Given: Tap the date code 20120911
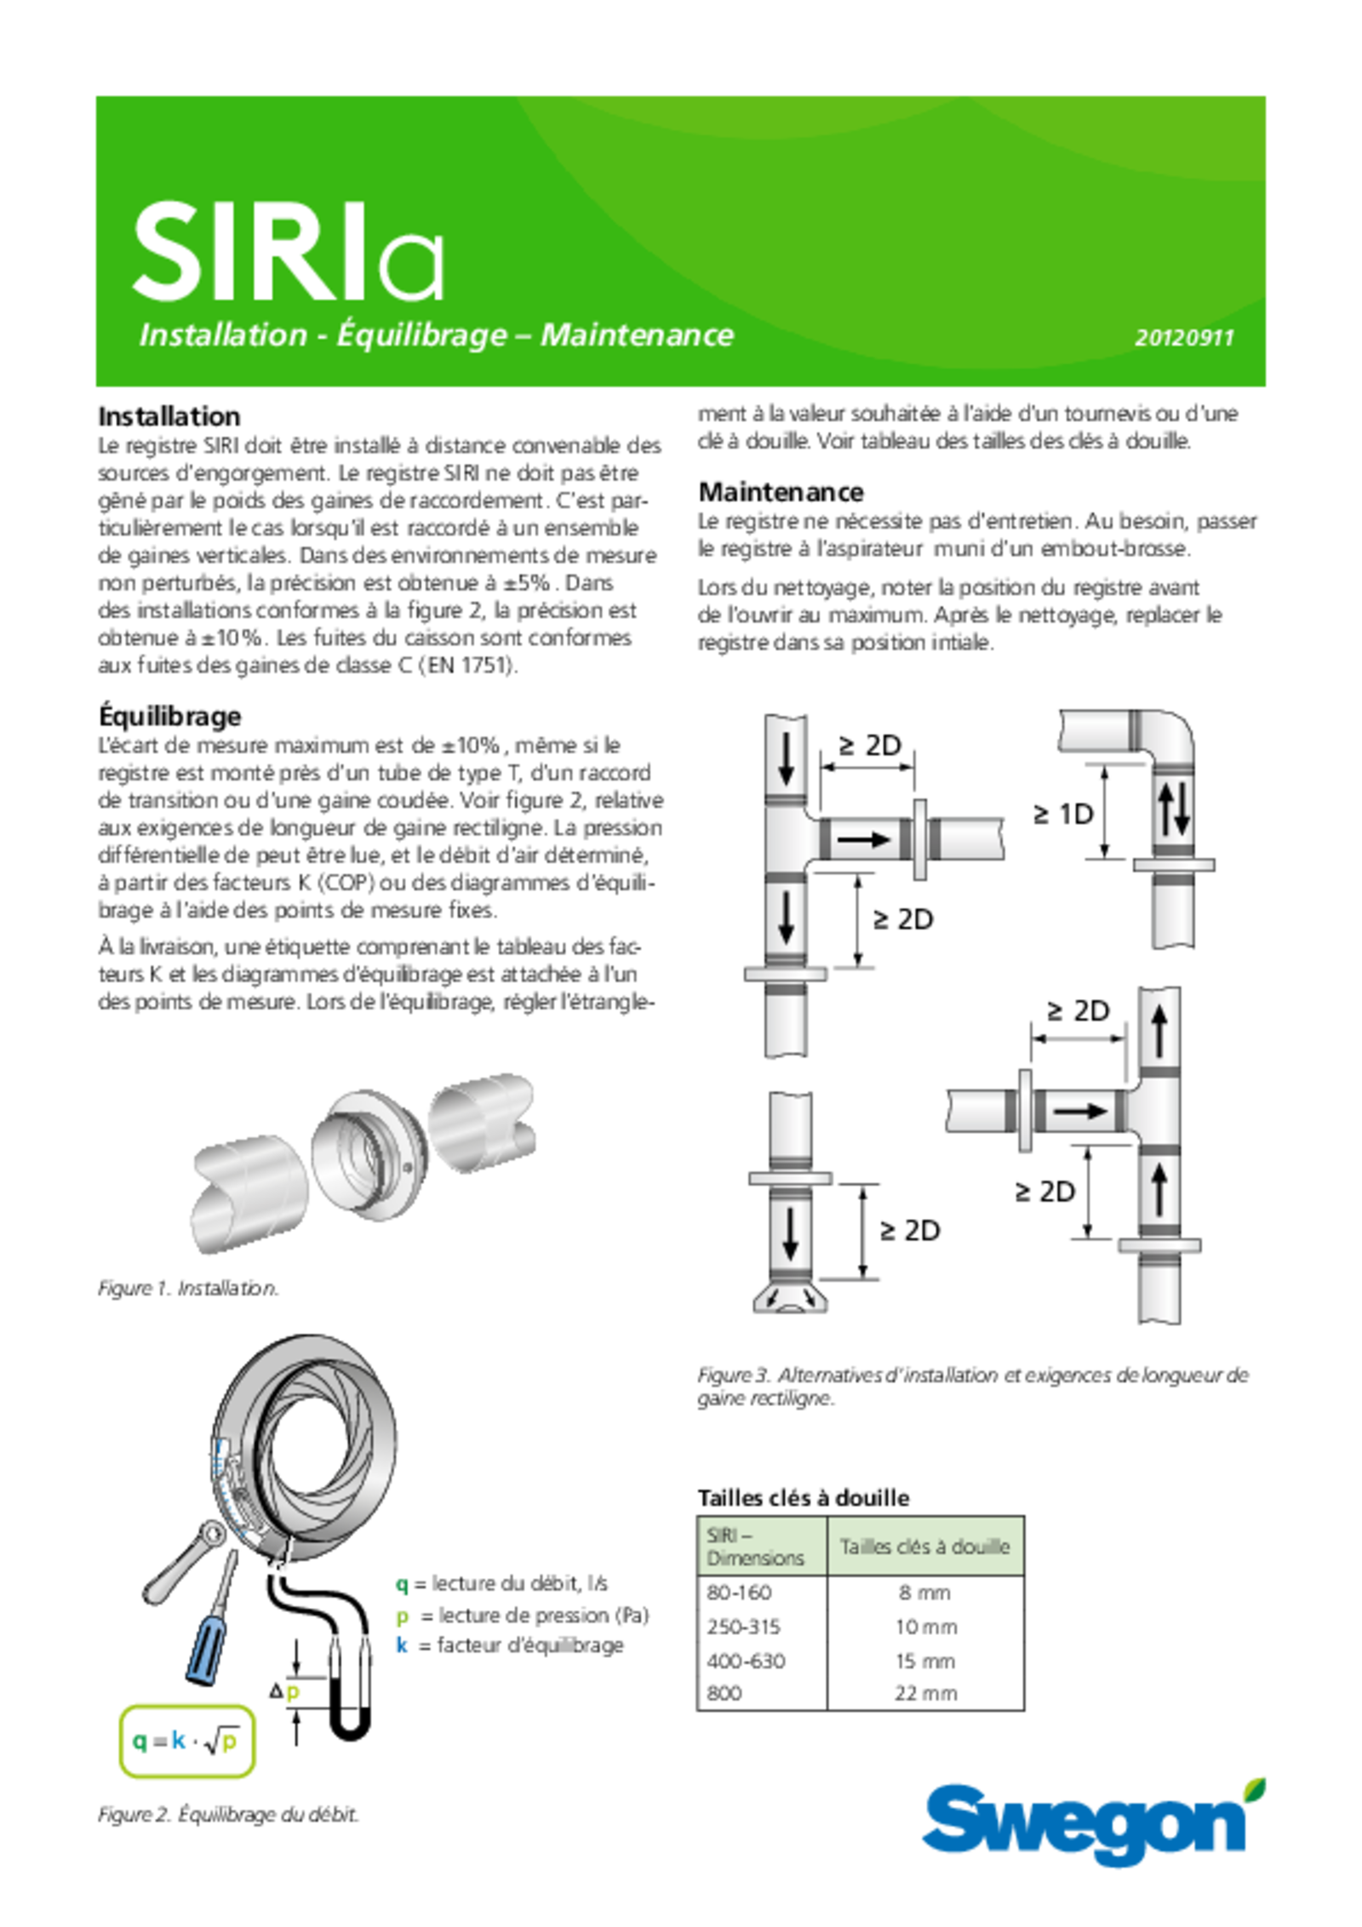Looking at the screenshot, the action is [x=1183, y=338].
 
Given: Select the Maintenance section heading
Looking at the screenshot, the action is [x=781, y=492].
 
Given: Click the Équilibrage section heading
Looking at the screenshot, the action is [x=169, y=717].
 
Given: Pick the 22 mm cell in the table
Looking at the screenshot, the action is [x=925, y=1693].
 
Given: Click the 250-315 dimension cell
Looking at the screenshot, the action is [x=743, y=1627].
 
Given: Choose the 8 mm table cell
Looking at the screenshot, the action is [x=924, y=1592].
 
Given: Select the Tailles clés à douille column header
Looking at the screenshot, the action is [x=924, y=1547].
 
